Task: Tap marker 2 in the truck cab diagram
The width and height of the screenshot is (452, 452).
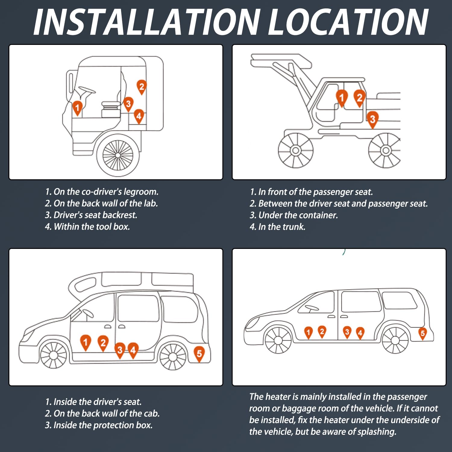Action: pyautogui.click(x=141, y=86)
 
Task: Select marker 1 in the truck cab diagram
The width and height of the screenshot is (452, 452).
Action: pyautogui.click(x=77, y=108)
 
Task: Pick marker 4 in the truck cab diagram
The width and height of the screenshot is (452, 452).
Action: pyautogui.click(x=139, y=116)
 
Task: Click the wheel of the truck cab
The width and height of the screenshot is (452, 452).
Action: pyautogui.click(x=118, y=155)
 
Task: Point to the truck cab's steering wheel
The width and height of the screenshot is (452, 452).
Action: pyautogui.click(x=86, y=90)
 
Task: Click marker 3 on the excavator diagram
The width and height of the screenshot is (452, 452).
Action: pyautogui.click(x=372, y=119)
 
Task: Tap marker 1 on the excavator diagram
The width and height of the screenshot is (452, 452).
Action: pyautogui.click(x=341, y=97)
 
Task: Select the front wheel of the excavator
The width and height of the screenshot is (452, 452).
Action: pyautogui.click(x=295, y=150)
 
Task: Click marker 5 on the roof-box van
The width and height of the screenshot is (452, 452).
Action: pyautogui.click(x=199, y=353)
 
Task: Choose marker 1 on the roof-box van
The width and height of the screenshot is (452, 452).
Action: pyautogui.click(x=86, y=342)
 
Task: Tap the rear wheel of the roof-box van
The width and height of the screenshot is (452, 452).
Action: pyautogui.click(x=173, y=357)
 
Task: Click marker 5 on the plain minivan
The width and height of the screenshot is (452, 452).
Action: pyautogui.click(x=423, y=333)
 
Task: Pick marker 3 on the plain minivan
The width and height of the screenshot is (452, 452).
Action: pyautogui.click(x=347, y=332)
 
